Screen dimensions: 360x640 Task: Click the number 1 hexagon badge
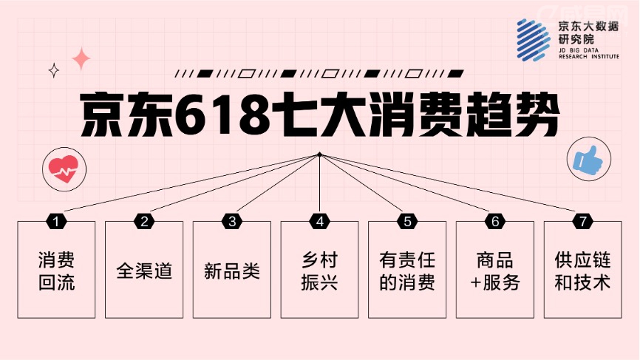tap(57, 221)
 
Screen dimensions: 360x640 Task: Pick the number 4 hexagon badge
tap(319, 221)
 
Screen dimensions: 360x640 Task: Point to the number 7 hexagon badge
tap(582, 221)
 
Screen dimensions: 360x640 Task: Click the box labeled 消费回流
tap(57, 271)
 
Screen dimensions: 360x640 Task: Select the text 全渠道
tap(144, 271)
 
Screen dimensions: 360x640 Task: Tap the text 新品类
tap(232, 271)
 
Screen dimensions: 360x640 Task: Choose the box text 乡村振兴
tap(319, 271)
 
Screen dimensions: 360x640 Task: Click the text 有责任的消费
tap(407, 271)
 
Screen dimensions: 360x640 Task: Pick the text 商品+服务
tap(495, 271)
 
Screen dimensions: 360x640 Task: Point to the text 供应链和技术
tap(582, 271)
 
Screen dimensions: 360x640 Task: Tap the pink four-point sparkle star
tap(81, 59)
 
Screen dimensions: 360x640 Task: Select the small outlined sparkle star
tap(53, 70)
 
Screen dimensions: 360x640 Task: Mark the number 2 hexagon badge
tap(144, 221)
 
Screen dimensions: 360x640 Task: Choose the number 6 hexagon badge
tap(495, 221)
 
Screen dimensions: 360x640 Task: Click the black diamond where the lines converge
tap(319, 154)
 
